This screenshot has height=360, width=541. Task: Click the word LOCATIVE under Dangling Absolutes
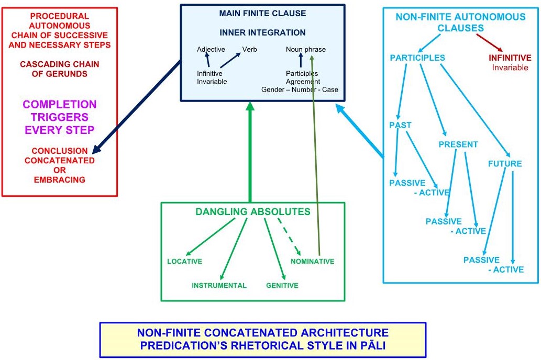click(184, 261)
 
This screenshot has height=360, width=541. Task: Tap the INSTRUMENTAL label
click(219, 285)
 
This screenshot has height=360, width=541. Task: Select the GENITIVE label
click(282, 285)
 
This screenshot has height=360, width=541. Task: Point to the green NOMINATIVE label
click(313, 261)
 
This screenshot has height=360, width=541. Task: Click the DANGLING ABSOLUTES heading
click(252, 212)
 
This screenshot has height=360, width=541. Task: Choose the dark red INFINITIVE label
click(510, 58)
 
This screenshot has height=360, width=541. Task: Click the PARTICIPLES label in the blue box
click(417, 58)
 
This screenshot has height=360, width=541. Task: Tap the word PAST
click(400, 125)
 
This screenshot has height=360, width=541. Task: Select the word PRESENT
click(458, 144)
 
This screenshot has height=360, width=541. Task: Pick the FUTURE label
click(505, 163)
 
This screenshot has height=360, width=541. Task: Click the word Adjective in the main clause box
click(211, 49)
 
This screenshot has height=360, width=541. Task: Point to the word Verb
click(249, 49)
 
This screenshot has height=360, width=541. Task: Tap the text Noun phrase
click(306, 49)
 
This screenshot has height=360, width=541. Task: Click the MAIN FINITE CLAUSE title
click(262, 13)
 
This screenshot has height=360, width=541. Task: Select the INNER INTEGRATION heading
click(262, 32)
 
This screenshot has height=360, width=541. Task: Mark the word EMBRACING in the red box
click(59, 179)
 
